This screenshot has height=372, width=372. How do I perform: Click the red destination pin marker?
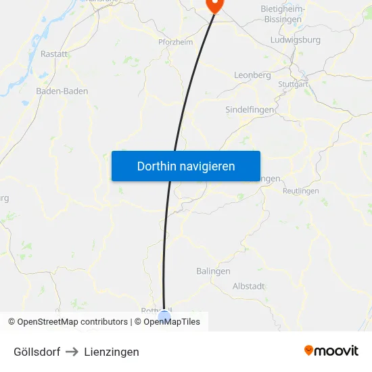coord(214,4)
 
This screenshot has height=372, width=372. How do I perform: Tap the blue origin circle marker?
coord(164,316)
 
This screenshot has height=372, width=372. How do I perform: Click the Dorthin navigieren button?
coord(186,166)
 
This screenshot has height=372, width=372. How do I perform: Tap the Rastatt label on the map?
coord(54,53)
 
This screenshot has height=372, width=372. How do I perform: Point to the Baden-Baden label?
coord(62,91)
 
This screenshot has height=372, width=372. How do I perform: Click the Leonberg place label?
coord(252,75)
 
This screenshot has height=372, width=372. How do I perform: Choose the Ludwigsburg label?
coord(295,40)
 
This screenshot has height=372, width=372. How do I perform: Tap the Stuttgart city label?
coord(293,85)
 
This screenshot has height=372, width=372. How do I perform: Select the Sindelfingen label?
coord(249,109)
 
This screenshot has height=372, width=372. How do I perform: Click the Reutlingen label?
coord(300,191)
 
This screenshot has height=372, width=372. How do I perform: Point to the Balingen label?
coord(213,271)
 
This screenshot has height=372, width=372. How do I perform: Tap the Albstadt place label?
coord(248,286)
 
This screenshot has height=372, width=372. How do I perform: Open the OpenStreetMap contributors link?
coord(72,322)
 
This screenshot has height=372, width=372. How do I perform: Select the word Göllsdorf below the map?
coord(37,352)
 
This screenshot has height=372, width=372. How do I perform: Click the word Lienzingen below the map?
coord(112,352)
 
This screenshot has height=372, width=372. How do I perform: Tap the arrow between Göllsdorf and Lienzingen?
coord(72,352)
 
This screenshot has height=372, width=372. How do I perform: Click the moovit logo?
coord(331,350)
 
